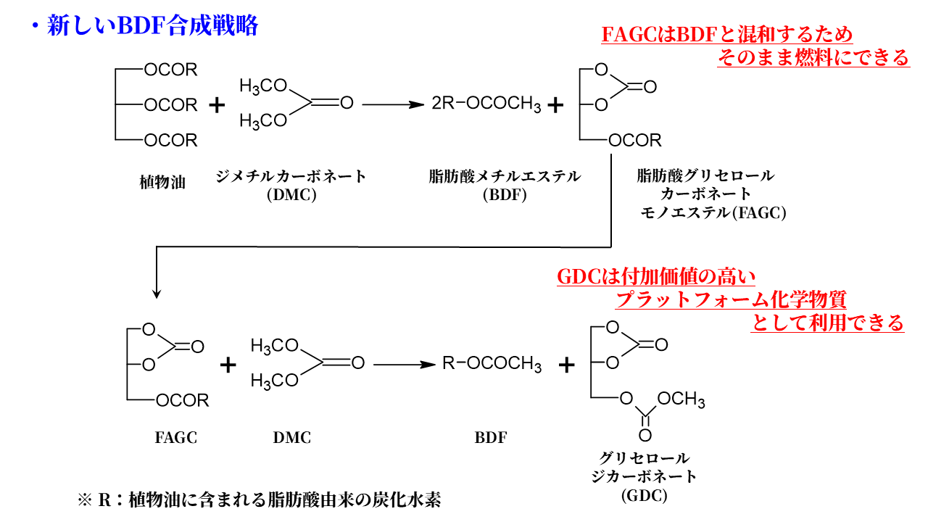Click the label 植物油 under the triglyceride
162,181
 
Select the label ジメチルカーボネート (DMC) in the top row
291,184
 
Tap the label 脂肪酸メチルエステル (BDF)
505,184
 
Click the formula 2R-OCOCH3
486,105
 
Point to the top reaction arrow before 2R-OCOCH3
392,105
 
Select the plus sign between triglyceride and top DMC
217,105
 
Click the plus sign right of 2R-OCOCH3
555,105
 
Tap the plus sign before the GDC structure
567,364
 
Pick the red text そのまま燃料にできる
813,57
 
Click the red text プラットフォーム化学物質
731,299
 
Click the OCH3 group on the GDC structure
682,399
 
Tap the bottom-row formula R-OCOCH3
492,363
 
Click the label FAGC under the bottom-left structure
175,437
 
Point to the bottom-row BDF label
491,437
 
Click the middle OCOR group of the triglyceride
170,105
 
